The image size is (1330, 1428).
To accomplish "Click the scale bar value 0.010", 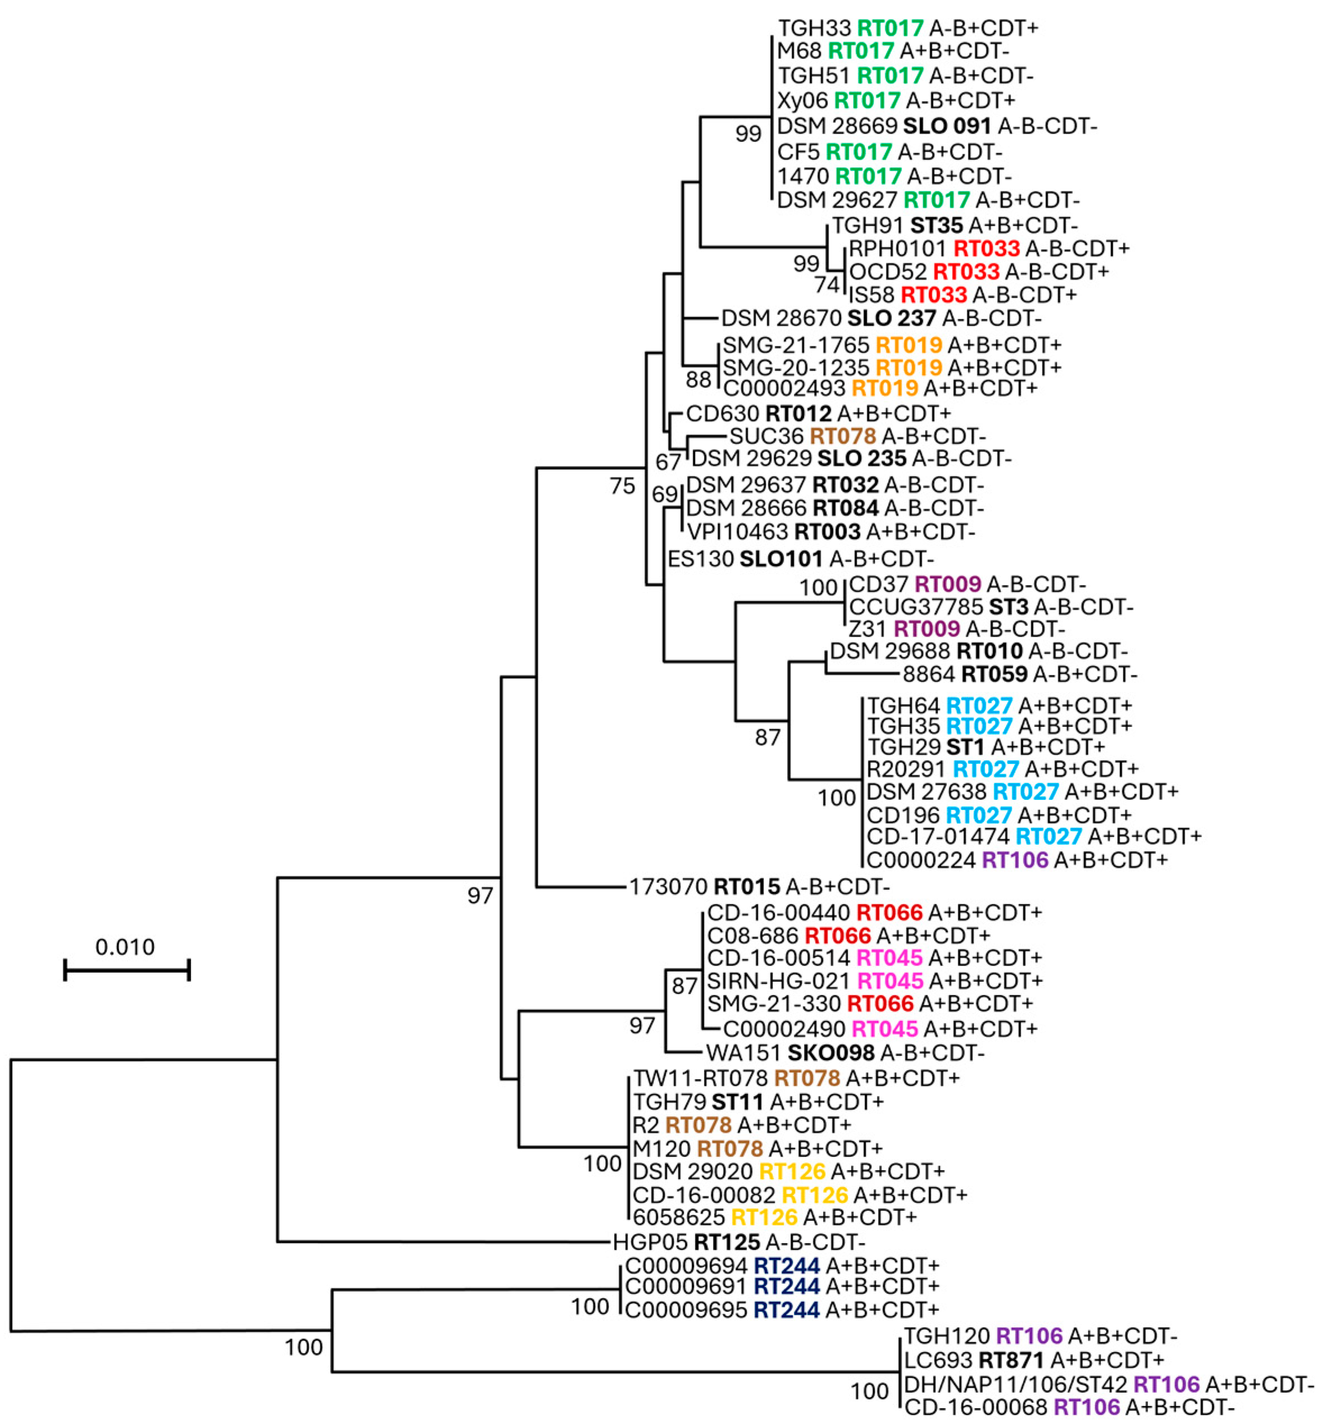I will point(125,947).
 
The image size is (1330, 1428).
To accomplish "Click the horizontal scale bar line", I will point(126,970).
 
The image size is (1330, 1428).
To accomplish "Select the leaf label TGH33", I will point(814,28).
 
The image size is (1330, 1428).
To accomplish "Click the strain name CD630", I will point(722,414).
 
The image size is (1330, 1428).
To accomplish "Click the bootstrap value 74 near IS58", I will point(827,285).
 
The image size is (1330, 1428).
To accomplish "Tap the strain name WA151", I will point(743,1053).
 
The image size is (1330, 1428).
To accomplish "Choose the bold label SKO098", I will point(831,1053).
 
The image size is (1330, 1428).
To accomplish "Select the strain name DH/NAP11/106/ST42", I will point(1015,1384).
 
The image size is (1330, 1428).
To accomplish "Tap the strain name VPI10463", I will point(737,532).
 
